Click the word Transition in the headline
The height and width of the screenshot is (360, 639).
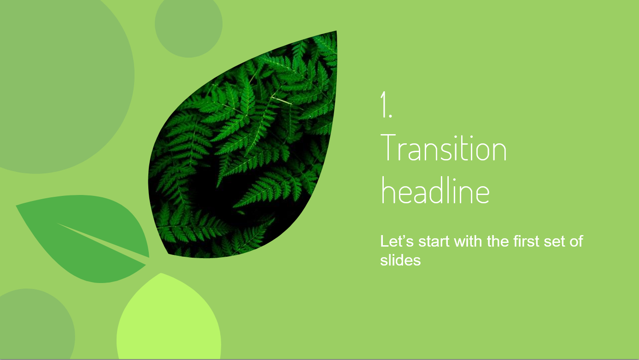coord(444,148)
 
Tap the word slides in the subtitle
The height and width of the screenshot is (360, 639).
coord(400,260)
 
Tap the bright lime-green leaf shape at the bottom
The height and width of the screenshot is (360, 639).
coord(168,320)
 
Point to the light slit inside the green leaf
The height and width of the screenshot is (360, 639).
coord(103,240)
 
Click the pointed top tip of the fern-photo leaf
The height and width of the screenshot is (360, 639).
coord(337,31)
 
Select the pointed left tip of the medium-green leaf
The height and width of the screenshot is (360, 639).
coord(16,205)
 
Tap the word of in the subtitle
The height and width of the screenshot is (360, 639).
coord(576,241)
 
